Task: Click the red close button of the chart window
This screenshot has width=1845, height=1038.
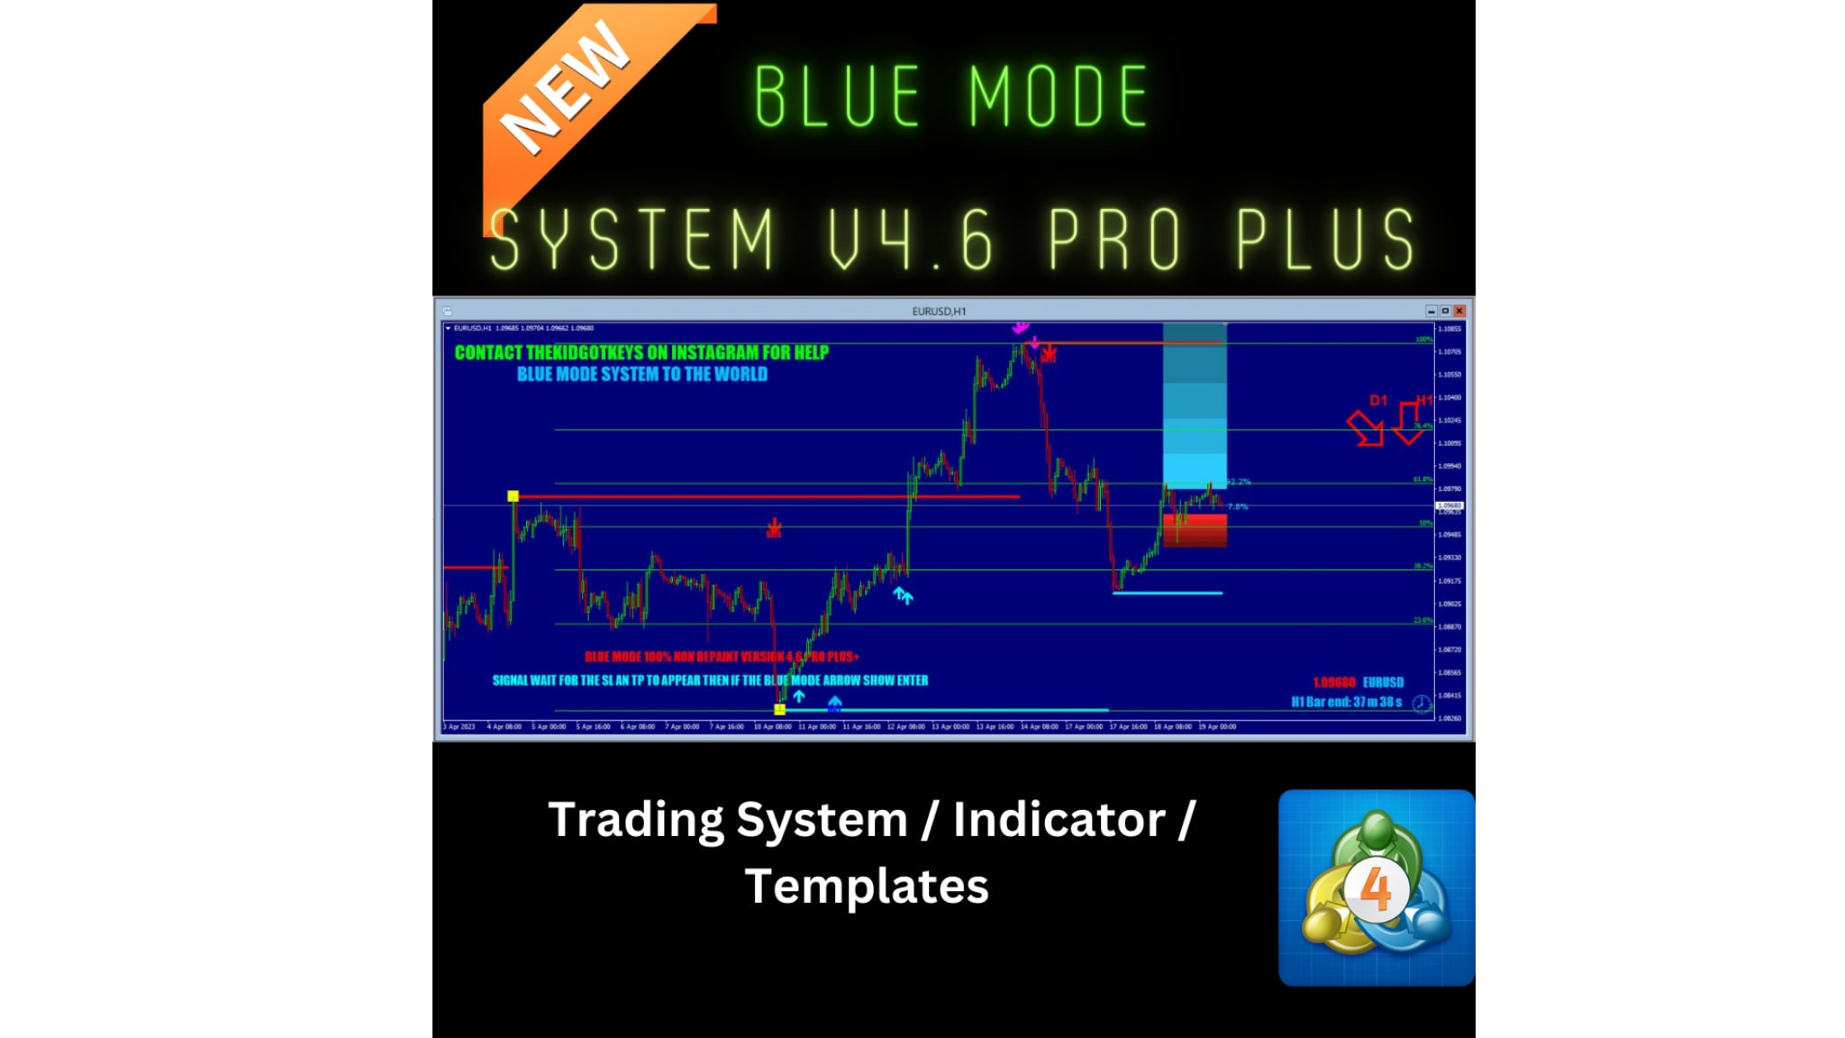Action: (x=1459, y=311)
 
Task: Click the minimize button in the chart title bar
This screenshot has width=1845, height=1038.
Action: (x=1431, y=311)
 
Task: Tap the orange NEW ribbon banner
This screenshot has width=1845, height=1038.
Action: (x=577, y=99)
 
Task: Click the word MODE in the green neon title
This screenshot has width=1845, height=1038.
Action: (x=1059, y=96)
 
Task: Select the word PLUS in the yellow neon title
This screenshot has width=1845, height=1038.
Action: (x=1325, y=239)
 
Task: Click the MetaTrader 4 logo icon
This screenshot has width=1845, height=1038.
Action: (x=1376, y=888)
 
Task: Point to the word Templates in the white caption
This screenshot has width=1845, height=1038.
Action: (x=867, y=886)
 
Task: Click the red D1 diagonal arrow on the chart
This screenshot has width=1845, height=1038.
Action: (x=1366, y=428)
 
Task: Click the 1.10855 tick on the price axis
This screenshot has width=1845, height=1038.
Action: (x=1450, y=329)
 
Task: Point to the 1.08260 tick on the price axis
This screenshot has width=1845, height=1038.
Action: (x=1450, y=718)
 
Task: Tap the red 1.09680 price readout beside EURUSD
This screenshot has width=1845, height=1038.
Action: (x=1333, y=682)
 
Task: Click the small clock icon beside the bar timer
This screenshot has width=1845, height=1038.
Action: (x=1421, y=703)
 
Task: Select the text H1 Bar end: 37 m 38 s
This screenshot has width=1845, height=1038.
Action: (x=1346, y=702)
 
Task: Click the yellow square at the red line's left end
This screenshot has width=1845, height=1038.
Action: (x=513, y=496)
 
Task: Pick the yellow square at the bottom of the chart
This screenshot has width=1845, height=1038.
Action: (x=780, y=709)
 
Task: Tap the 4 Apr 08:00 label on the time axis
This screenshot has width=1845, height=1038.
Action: (x=504, y=726)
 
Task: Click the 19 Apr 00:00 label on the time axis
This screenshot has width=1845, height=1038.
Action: (x=1217, y=726)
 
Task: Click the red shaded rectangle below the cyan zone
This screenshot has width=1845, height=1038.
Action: (x=1195, y=530)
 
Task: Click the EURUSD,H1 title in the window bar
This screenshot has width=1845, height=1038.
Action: (x=939, y=311)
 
